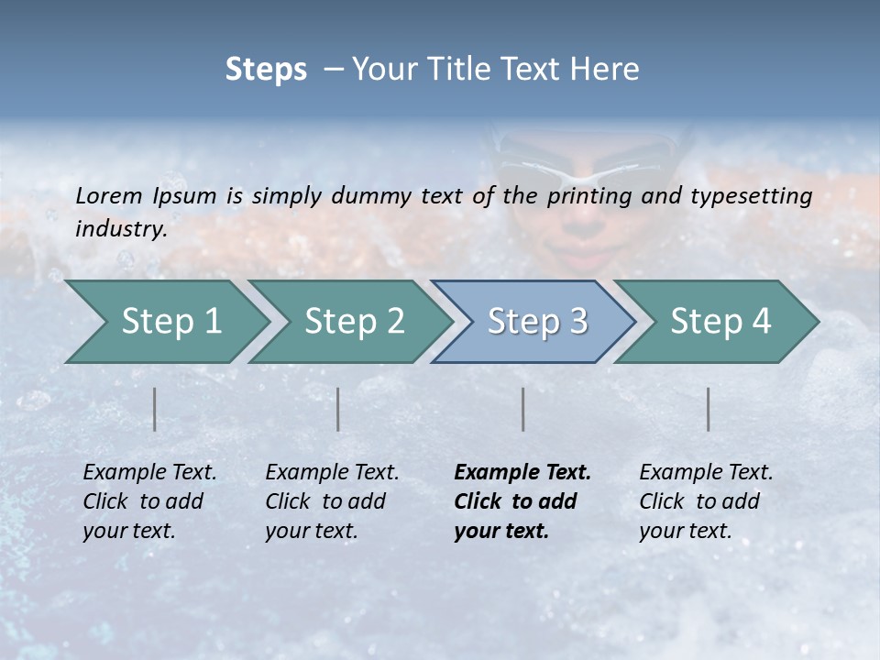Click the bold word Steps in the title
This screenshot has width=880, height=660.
coord(266,69)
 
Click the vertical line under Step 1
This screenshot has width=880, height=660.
coord(155,409)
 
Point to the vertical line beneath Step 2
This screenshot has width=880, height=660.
coord(338,409)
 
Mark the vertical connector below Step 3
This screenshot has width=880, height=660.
coord(522,409)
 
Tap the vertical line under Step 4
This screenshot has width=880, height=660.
coord(709,409)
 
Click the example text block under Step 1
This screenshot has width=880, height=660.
coord(149,501)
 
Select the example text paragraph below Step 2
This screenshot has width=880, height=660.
coord(332,501)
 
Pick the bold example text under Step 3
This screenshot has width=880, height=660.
coord(522,501)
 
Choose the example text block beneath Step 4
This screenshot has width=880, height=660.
coord(706,501)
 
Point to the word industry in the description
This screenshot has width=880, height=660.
coord(121,229)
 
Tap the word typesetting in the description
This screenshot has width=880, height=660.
coord(756,195)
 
